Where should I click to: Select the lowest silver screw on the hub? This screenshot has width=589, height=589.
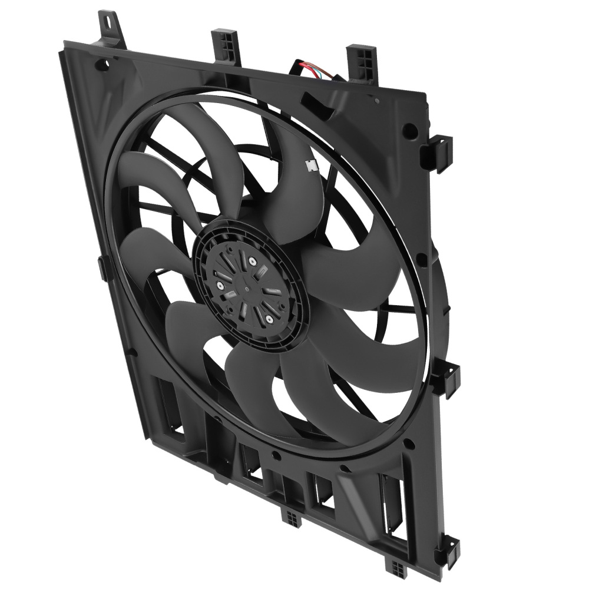click(x=269, y=318)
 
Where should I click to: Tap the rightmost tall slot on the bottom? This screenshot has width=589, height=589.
click(x=392, y=501)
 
